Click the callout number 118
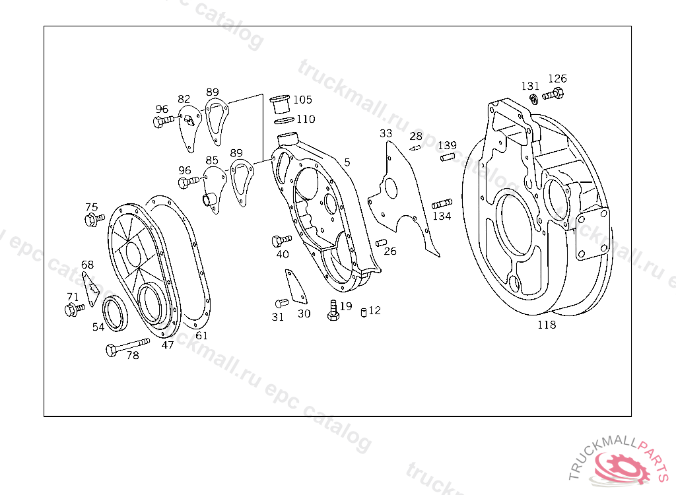click(x=547, y=325)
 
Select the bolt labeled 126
click(x=553, y=94)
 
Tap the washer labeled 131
click(x=533, y=99)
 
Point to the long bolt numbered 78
click(x=127, y=346)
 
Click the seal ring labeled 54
click(x=115, y=313)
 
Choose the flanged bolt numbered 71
click(x=75, y=309)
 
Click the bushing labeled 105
click(x=279, y=104)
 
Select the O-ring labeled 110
click(x=284, y=120)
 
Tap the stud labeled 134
click(x=442, y=203)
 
